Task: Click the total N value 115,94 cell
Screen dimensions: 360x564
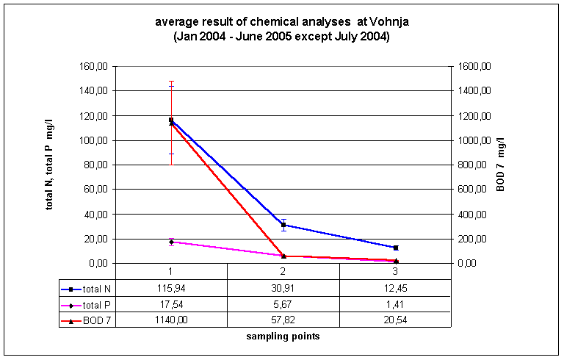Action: point(170,289)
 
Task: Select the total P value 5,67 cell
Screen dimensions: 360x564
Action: point(283,304)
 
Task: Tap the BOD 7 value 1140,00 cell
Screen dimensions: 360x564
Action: point(170,320)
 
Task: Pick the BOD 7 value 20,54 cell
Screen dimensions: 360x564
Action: point(396,320)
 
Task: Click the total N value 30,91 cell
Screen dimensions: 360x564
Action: point(283,289)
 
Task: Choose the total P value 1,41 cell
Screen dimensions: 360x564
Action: point(396,304)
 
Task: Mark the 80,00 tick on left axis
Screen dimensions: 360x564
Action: point(96,165)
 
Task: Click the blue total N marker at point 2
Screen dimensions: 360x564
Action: point(283,225)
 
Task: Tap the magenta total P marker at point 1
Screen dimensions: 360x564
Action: point(171,242)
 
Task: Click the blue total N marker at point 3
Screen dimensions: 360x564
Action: point(396,248)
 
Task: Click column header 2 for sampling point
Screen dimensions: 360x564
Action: point(283,271)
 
